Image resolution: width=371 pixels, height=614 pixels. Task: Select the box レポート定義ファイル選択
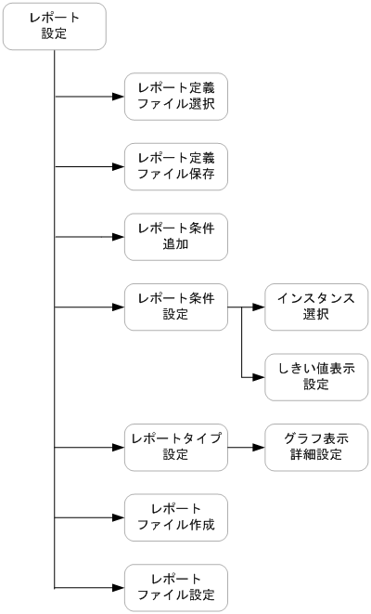click(x=176, y=97)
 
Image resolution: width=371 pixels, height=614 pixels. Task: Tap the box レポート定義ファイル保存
click(x=176, y=166)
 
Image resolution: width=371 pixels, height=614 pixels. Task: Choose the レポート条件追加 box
click(x=176, y=237)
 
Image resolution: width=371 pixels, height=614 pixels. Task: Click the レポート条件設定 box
click(x=176, y=307)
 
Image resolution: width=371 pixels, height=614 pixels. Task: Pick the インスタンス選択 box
click(x=316, y=307)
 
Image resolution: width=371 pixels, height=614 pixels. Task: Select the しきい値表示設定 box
click(x=316, y=377)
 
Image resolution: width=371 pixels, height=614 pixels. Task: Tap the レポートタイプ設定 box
click(x=176, y=447)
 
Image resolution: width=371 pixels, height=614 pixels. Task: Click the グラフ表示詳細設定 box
click(x=316, y=447)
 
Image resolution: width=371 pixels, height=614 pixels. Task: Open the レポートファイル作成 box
click(x=176, y=517)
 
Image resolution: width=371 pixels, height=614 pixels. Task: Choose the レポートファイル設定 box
click(x=176, y=587)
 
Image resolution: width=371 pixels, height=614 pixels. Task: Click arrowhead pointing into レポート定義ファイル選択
click(x=118, y=97)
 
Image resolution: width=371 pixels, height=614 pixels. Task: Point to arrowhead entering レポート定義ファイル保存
click(x=118, y=166)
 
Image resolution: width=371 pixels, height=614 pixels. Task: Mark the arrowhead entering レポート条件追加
click(x=118, y=237)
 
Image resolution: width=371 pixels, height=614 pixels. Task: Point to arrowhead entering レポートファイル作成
click(x=118, y=517)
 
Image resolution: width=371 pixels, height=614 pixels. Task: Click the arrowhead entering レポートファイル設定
click(x=118, y=587)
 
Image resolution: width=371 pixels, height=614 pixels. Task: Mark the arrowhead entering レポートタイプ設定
click(x=118, y=447)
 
